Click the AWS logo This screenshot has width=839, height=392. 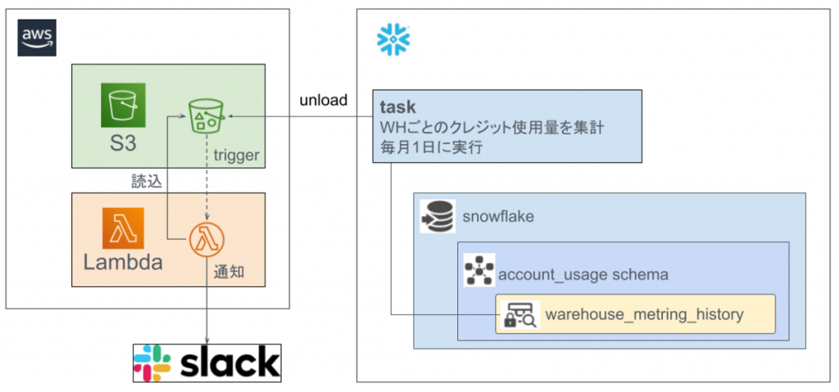[37, 38]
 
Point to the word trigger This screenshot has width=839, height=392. [236, 153]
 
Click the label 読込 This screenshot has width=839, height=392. [147, 182]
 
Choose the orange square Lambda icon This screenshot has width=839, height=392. [123, 228]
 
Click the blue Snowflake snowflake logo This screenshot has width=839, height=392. [393, 39]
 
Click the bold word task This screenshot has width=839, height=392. [397, 107]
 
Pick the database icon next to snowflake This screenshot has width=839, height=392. [438, 216]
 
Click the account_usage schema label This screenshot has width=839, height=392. [583, 274]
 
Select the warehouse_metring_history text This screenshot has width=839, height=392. [644, 313]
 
